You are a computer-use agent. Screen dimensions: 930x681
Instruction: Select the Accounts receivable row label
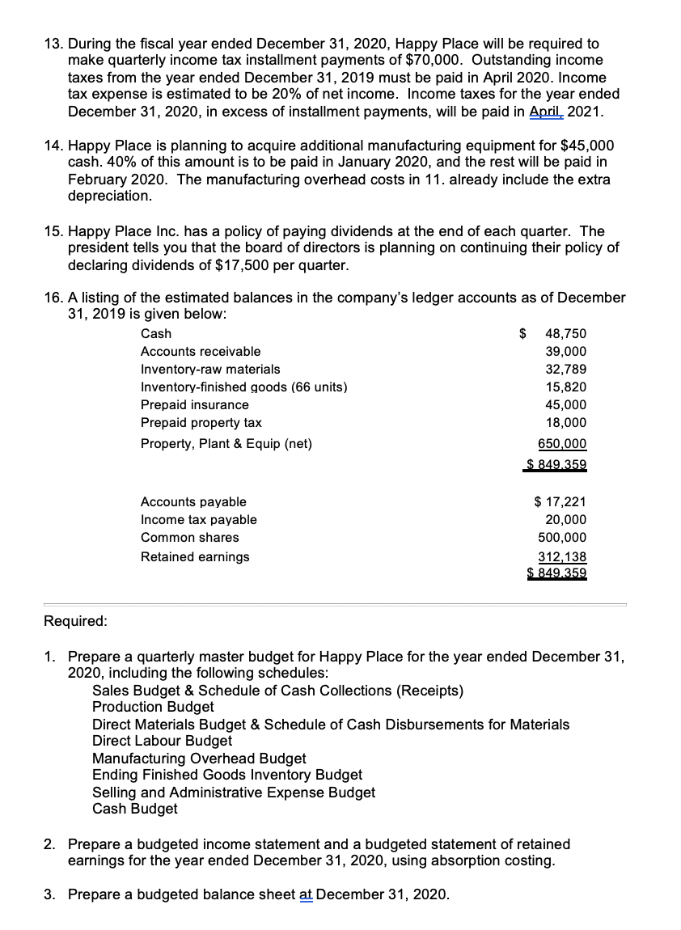(x=201, y=351)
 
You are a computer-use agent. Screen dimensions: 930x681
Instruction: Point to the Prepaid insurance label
(x=195, y=404)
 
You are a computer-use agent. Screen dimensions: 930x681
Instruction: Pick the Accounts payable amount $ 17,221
(x=560, y=501)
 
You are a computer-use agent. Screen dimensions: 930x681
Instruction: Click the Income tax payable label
(x=198, y=519)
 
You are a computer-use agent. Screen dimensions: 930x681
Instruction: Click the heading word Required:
(x=74, y=621)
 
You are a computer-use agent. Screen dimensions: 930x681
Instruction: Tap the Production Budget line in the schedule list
(x=153, y=707)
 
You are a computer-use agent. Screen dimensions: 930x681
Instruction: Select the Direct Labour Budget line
(x=162, y=740)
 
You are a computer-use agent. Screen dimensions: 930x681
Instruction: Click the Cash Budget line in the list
(x=135, y=808)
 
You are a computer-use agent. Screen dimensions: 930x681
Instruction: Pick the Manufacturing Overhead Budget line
(x=199, y=758)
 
